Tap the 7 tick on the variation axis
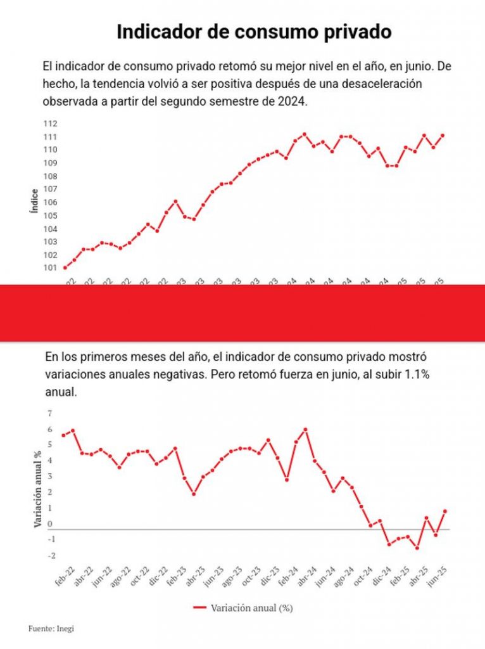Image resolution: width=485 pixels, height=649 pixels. (x=49, y=413)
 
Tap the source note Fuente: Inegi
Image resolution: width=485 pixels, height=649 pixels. (x=47, y=629)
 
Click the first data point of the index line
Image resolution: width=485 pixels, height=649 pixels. (x=65, y=268)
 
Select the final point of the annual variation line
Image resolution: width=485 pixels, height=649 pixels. (x=445, y=511)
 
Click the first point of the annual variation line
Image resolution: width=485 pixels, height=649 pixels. (x=63, y=435)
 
